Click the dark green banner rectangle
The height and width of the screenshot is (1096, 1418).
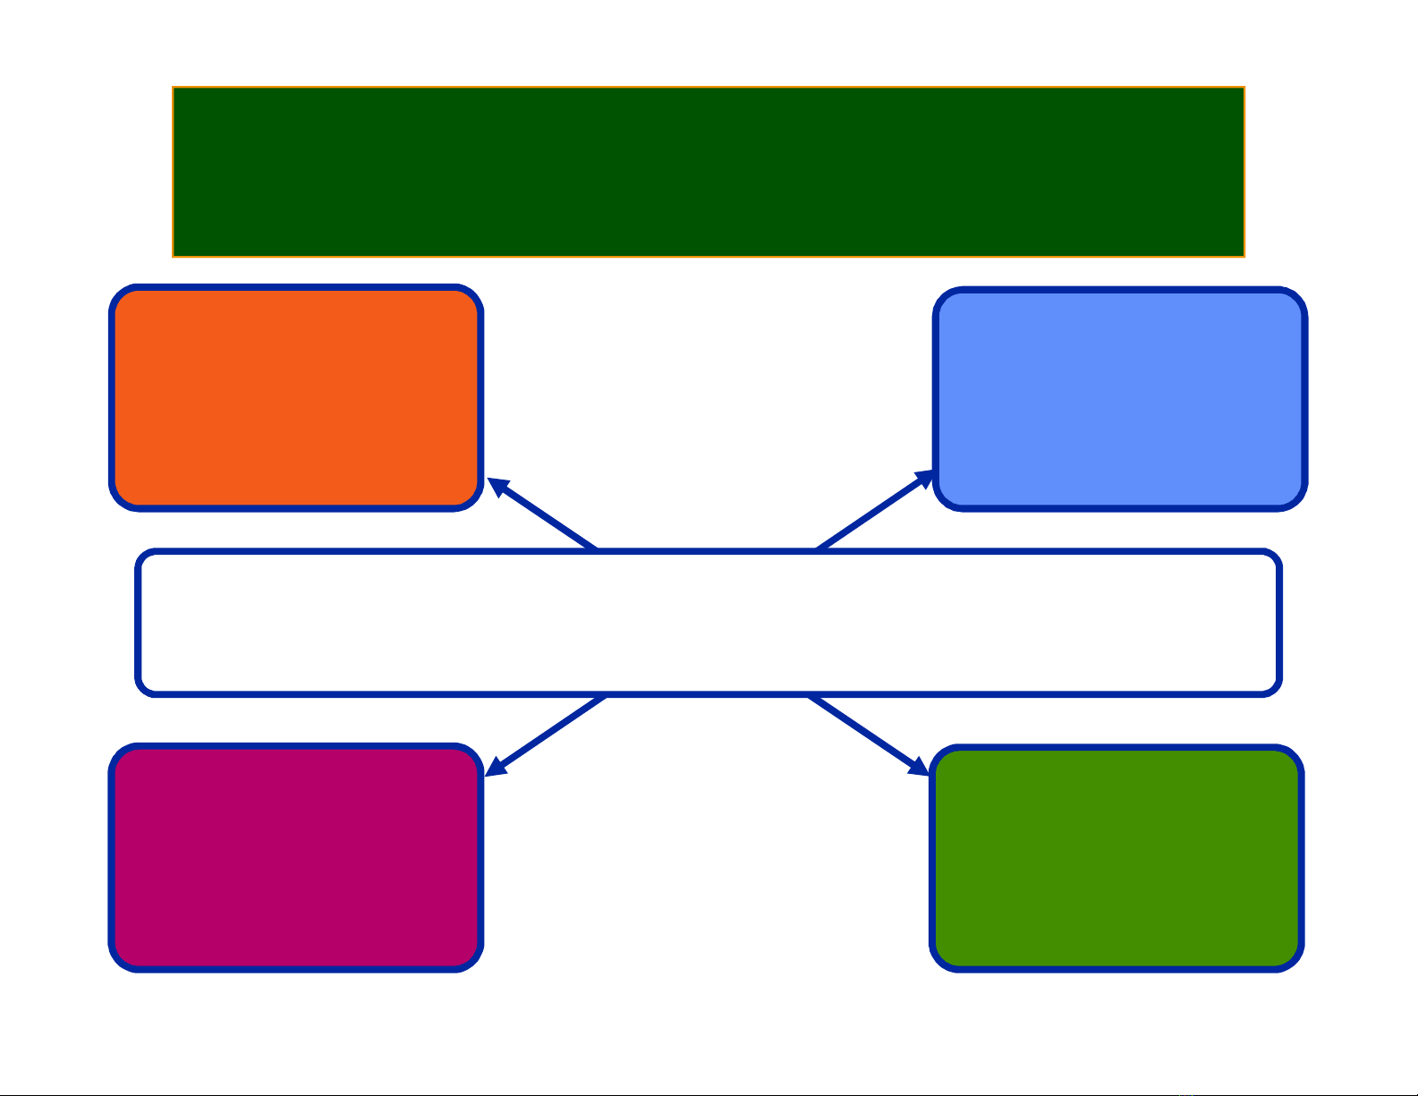point(708,172)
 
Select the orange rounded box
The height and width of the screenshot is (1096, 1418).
point(296,398)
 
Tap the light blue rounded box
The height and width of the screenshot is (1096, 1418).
point(1120,400)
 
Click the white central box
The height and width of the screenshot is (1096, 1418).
point(709,623)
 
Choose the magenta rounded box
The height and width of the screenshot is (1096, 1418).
point(296,857)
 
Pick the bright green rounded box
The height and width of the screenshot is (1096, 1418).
point(1117,858)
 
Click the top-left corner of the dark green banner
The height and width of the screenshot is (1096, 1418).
point(174,89)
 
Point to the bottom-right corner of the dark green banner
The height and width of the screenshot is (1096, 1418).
point(1243,255)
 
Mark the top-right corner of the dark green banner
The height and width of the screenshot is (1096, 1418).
point(1243,89)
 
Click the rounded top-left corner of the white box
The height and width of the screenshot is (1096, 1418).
point(144,558)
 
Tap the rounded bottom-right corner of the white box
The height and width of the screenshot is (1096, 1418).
point(1273,686)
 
